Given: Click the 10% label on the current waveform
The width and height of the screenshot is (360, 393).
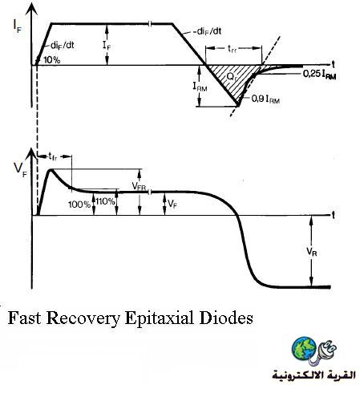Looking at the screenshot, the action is click(x=51, y=60).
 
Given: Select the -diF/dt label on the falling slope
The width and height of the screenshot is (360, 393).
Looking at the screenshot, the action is click(x=208, y=31).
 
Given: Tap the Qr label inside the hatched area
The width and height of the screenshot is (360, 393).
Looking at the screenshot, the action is click(x=232, y=77).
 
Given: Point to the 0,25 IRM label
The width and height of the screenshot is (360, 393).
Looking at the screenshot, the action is click(x=319, y=75).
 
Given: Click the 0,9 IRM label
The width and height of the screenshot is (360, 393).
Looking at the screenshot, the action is click(x=265, y=99).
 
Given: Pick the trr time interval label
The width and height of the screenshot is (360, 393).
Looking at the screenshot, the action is click(x=232, y=49).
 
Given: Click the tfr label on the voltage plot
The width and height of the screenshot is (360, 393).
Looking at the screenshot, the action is click(x=53, y=156).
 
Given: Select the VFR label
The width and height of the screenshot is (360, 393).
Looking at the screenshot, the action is click(x=139, y=186).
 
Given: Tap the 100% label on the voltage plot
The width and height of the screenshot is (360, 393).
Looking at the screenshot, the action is click(x=79, y=205).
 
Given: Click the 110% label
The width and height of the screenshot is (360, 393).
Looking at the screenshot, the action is click(x=106, y=201).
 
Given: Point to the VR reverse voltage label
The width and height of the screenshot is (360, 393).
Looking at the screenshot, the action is click(x=312, y=252).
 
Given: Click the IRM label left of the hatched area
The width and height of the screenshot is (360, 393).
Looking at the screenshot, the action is click(x=200, y=87).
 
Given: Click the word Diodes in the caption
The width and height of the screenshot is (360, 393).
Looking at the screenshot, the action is click(x=226, y=318).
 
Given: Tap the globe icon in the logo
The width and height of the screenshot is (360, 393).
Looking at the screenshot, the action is click(x=304, y=349).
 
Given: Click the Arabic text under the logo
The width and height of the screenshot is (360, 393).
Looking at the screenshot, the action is click(x=314, y=375).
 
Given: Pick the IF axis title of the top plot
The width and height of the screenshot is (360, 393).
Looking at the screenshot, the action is click(x=17, y=26).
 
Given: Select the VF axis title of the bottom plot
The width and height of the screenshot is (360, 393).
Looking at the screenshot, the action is click(x=20, y=170).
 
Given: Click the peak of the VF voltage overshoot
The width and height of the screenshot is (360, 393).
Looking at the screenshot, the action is click(x=51, y=169).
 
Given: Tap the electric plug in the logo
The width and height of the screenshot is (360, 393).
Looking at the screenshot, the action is click(x=324, y=351).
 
